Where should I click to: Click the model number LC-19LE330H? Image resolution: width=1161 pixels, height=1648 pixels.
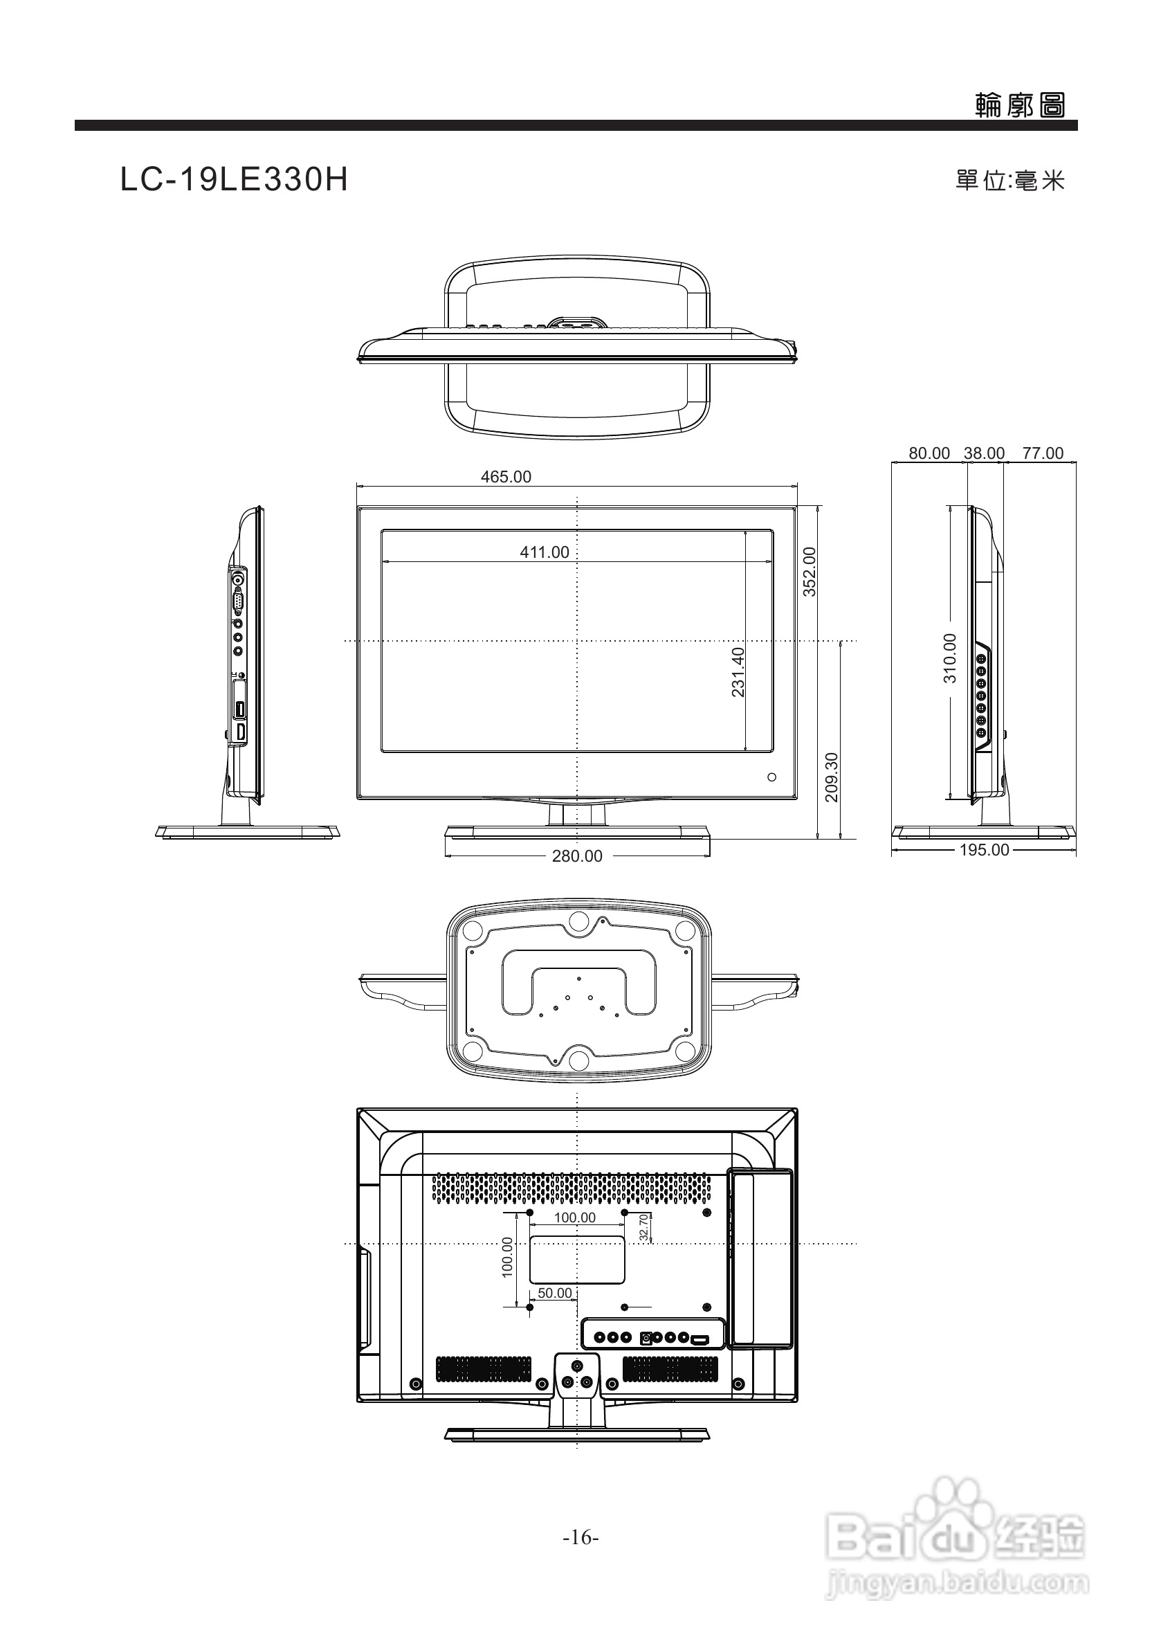tap(234, 180)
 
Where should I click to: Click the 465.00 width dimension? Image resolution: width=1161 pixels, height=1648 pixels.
tap(506, 477)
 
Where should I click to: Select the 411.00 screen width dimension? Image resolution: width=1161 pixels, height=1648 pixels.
tap(544, 552)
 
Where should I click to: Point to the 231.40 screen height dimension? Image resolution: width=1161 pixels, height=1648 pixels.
tap(738, 672)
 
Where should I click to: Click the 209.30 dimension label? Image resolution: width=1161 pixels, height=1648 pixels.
tap(832, 777)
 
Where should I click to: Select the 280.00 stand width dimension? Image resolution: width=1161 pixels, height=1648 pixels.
tap(577, 855)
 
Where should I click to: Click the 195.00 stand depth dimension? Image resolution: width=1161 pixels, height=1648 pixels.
tap(984, 850)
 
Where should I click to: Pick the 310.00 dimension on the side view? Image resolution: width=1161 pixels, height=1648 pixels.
tap(949, 658)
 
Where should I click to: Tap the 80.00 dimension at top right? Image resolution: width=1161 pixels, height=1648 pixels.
tap(929, 453)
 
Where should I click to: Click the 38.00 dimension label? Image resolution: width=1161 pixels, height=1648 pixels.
tap(984, 453)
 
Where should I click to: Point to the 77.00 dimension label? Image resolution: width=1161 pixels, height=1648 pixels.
tap(1043, 453)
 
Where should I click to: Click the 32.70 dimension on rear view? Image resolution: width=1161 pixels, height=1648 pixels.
tap(643, 1226)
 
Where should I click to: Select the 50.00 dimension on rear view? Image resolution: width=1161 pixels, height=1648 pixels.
tap(555, 1293)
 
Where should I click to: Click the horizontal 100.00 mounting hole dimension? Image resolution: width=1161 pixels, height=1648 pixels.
tap(575, 1217)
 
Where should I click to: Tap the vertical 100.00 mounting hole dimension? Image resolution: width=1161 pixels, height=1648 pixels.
tap(507, 1257)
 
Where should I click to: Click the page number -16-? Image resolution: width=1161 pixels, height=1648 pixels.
tap(580, 1537)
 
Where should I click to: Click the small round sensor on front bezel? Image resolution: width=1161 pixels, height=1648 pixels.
tap(772, 777)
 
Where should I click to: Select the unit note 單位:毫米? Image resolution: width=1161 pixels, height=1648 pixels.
tap(1009, 181)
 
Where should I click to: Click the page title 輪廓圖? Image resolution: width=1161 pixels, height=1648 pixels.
tap(1020, 106)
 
